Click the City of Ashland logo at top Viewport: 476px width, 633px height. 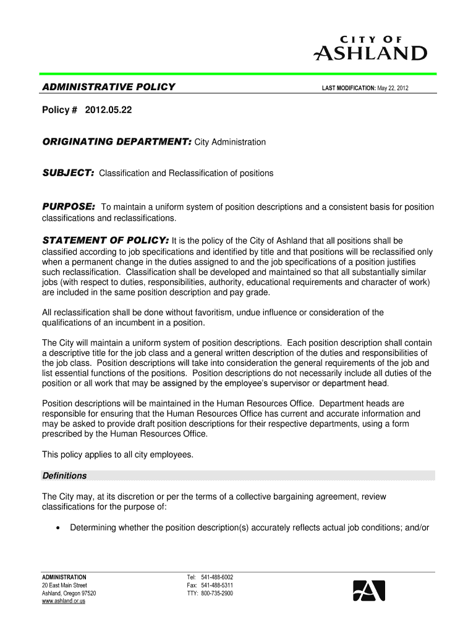(370, 48)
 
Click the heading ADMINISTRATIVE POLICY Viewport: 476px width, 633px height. (108, 87)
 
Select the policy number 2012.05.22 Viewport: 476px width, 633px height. (109, 111)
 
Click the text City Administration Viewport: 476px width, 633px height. (230, 143)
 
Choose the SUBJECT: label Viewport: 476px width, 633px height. (67, 173)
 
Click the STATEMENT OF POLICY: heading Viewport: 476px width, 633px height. (105, 240)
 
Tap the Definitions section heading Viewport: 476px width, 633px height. (64, 476)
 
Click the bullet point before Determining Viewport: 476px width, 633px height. (57, 528)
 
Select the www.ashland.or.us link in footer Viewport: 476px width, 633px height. (64, 601)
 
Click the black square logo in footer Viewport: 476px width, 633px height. (369, 591)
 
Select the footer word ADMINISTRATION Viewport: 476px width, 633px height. (64, 577)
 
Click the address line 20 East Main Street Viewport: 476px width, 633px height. (64, 585)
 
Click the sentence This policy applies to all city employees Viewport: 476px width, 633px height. (117, 454)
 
